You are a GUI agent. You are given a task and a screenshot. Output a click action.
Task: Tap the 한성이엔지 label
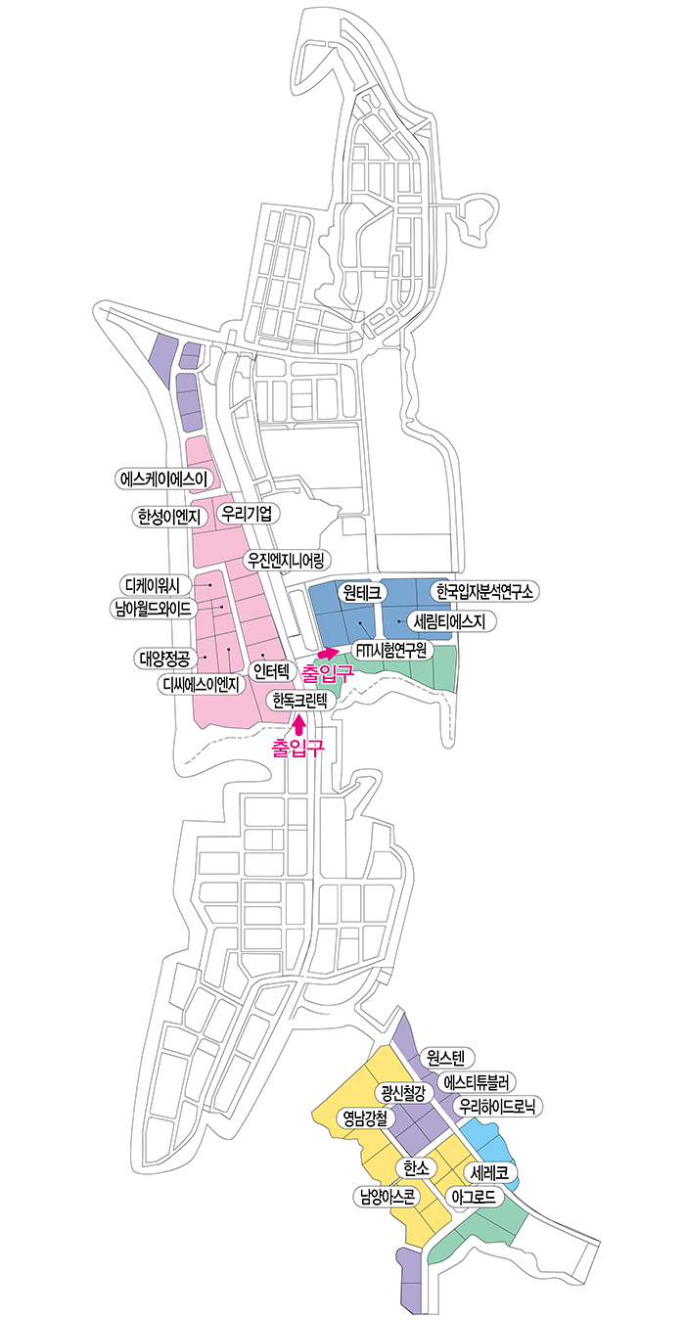pyautogui.click(x=169, y=517)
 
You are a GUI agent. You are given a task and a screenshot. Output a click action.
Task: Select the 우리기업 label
pyautogui.click(x=248, y=514)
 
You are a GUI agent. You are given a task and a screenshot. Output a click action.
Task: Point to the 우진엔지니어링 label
pyautogui.click(x=286, y=560)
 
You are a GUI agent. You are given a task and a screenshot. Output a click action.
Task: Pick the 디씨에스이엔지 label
pyautogui.click(x=202, y=684)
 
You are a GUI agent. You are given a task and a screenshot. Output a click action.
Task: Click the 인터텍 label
pyautogui.click(x=271, y=670)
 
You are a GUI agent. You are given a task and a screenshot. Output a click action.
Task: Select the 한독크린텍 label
pyautogui.click(x=301, y=701)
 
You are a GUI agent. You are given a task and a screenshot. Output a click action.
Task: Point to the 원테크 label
pyautogui.click(x=362, y=592)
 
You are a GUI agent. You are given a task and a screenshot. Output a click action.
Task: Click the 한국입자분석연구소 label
pyautogui.click(x=484, y=591)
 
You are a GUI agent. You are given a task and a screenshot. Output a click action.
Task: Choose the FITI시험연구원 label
pyautogui.click(x=392, y=650)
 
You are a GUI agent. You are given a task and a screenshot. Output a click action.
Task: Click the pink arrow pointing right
pyautogui.click(x=327, y=653)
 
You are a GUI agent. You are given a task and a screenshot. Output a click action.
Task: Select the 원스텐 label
pyautogui.click(x=446, y=1058)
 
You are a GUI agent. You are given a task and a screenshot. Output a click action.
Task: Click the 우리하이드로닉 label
pyautogui.click(x=497, y=1106)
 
